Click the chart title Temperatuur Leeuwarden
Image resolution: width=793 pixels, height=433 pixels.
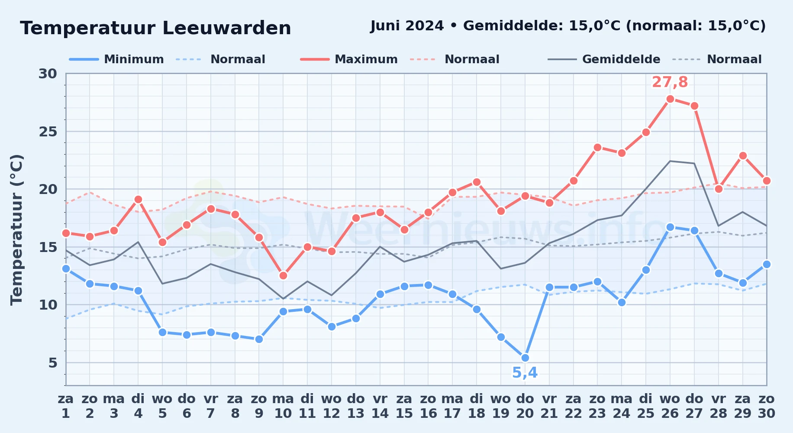[155, 28]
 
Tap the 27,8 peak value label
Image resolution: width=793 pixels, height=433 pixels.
[670, 82]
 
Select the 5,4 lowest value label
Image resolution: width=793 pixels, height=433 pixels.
[525, 372]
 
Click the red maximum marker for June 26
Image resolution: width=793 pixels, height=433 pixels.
[670, 99]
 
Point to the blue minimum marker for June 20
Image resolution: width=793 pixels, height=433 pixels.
[525, 358]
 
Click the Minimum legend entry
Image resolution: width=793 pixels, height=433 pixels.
[117, 59]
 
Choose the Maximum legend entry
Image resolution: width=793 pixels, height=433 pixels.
[349, 59]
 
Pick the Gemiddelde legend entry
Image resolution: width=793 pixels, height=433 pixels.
[604, 59]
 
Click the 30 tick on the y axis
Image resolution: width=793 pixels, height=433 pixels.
[48, 74]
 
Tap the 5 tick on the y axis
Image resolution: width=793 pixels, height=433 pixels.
[53, 362]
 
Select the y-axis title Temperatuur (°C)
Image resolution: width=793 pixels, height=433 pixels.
[16, 229]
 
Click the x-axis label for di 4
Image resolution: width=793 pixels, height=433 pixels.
[138, 406]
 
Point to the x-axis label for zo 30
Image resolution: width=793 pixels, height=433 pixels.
[767, 406]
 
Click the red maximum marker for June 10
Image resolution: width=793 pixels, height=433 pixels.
[283, 275]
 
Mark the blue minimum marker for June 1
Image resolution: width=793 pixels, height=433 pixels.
[66, 268]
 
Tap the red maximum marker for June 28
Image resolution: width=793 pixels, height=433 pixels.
[719, 189]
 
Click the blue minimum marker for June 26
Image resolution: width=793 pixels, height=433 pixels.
[670, 227]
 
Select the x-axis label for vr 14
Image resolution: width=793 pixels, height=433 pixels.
[380, 406]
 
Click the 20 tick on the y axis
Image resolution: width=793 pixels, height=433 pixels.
[48, 189]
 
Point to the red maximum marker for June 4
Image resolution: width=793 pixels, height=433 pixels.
[138, 199]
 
